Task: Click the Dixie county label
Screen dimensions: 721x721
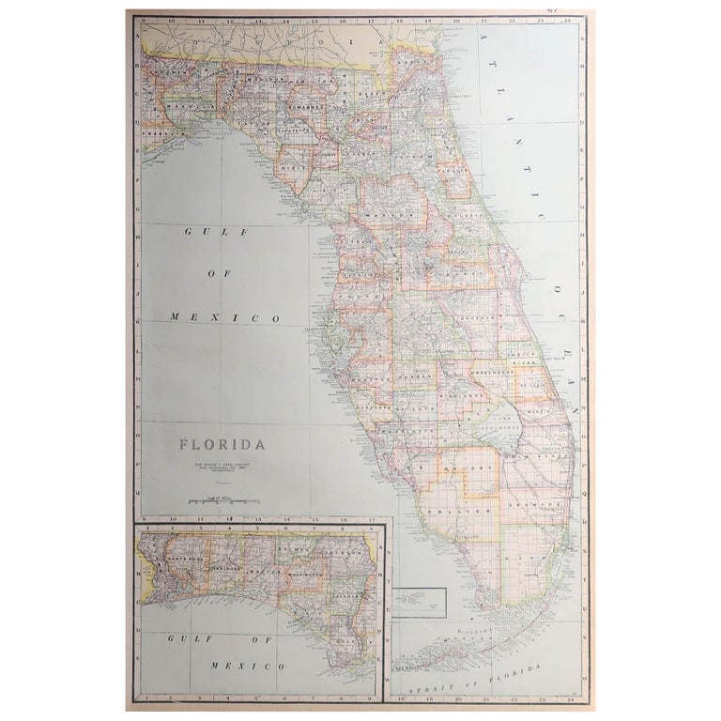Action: click(x=289, y=169)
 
